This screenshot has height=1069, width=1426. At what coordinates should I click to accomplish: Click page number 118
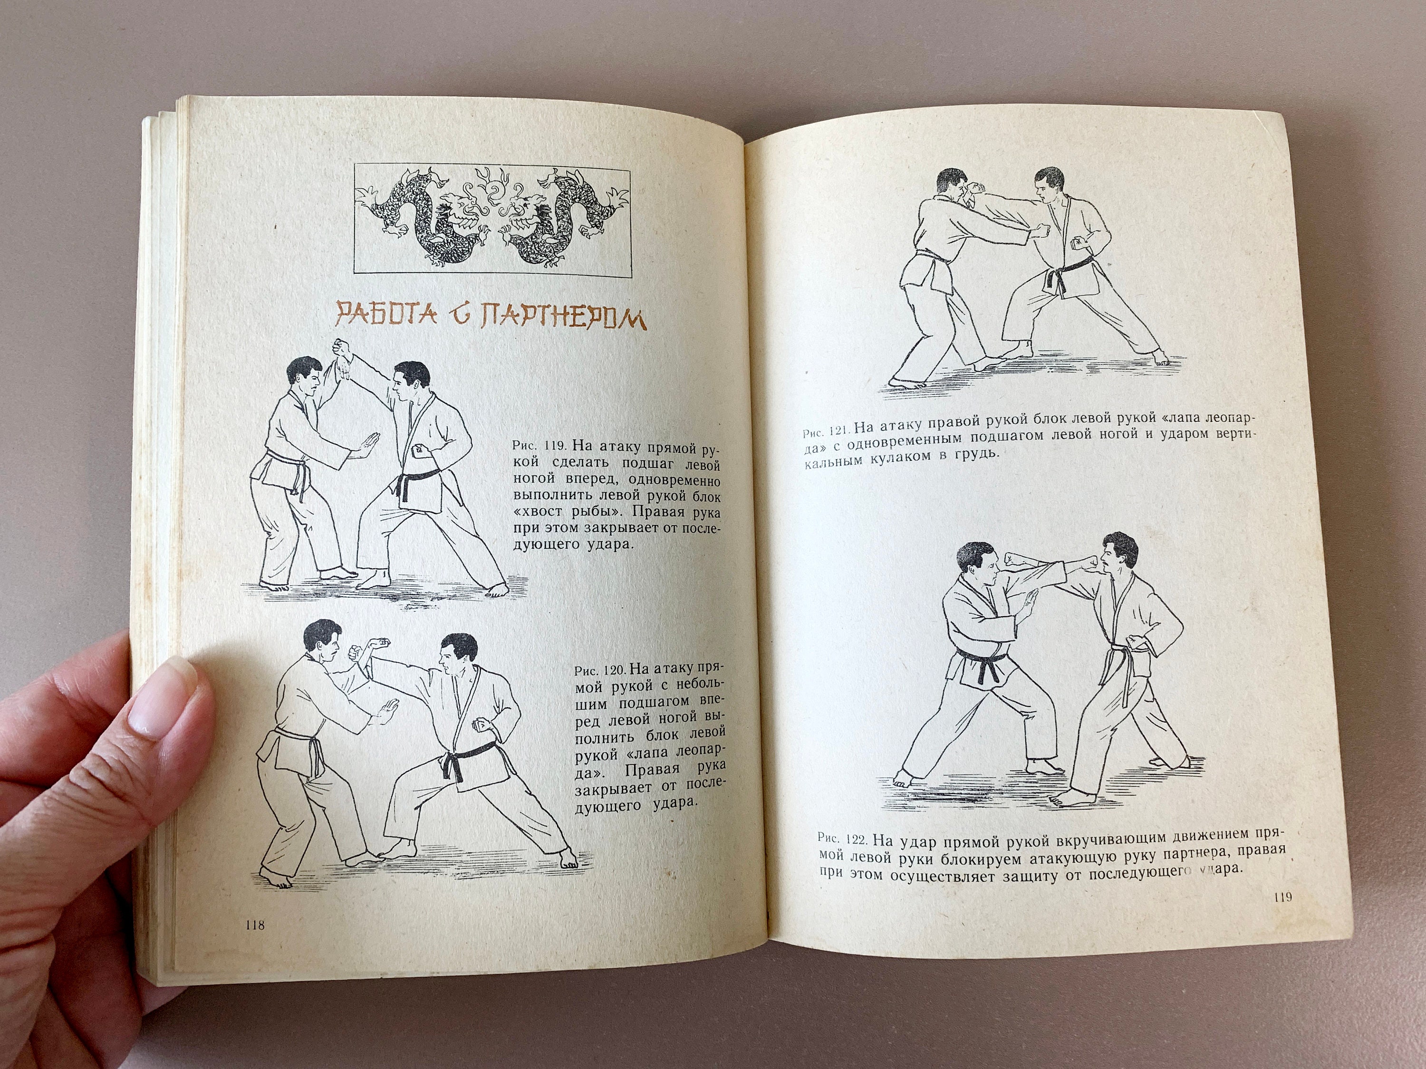click(x=255, y=926)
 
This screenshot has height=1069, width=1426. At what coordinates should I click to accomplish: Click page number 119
click(x=1281, y=897)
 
